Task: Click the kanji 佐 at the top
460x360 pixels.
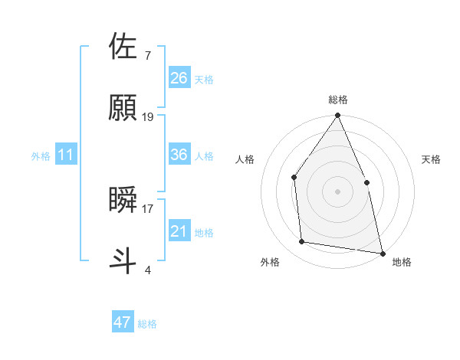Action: click(123, 47)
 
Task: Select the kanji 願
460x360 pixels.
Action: click(123, 107)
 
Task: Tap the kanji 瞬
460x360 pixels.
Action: click(123, 199)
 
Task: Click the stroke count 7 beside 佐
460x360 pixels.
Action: click(147, 55)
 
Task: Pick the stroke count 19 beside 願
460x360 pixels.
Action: click(148, 116)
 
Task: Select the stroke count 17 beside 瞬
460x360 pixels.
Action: click(148, 208)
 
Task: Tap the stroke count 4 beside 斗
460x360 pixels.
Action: click(147, 269)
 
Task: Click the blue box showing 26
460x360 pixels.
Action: click(179, 78)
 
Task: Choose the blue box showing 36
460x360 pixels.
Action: click(179, 155)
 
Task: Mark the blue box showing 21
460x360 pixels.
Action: click(179, 231)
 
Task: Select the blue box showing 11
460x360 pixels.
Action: click(65, 155)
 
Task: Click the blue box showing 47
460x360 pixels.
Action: click(122, 322)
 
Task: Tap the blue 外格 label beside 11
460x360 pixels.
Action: click(41, 156)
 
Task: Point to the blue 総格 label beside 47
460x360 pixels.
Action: click(147, 324)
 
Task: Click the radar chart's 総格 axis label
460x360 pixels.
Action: click(337, 100)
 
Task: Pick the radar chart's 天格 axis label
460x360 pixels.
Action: click(432, 159)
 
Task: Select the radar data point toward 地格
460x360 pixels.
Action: click(382, 252)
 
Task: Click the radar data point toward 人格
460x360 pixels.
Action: click(294, 178)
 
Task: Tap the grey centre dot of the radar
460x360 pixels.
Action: click(337, 191)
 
